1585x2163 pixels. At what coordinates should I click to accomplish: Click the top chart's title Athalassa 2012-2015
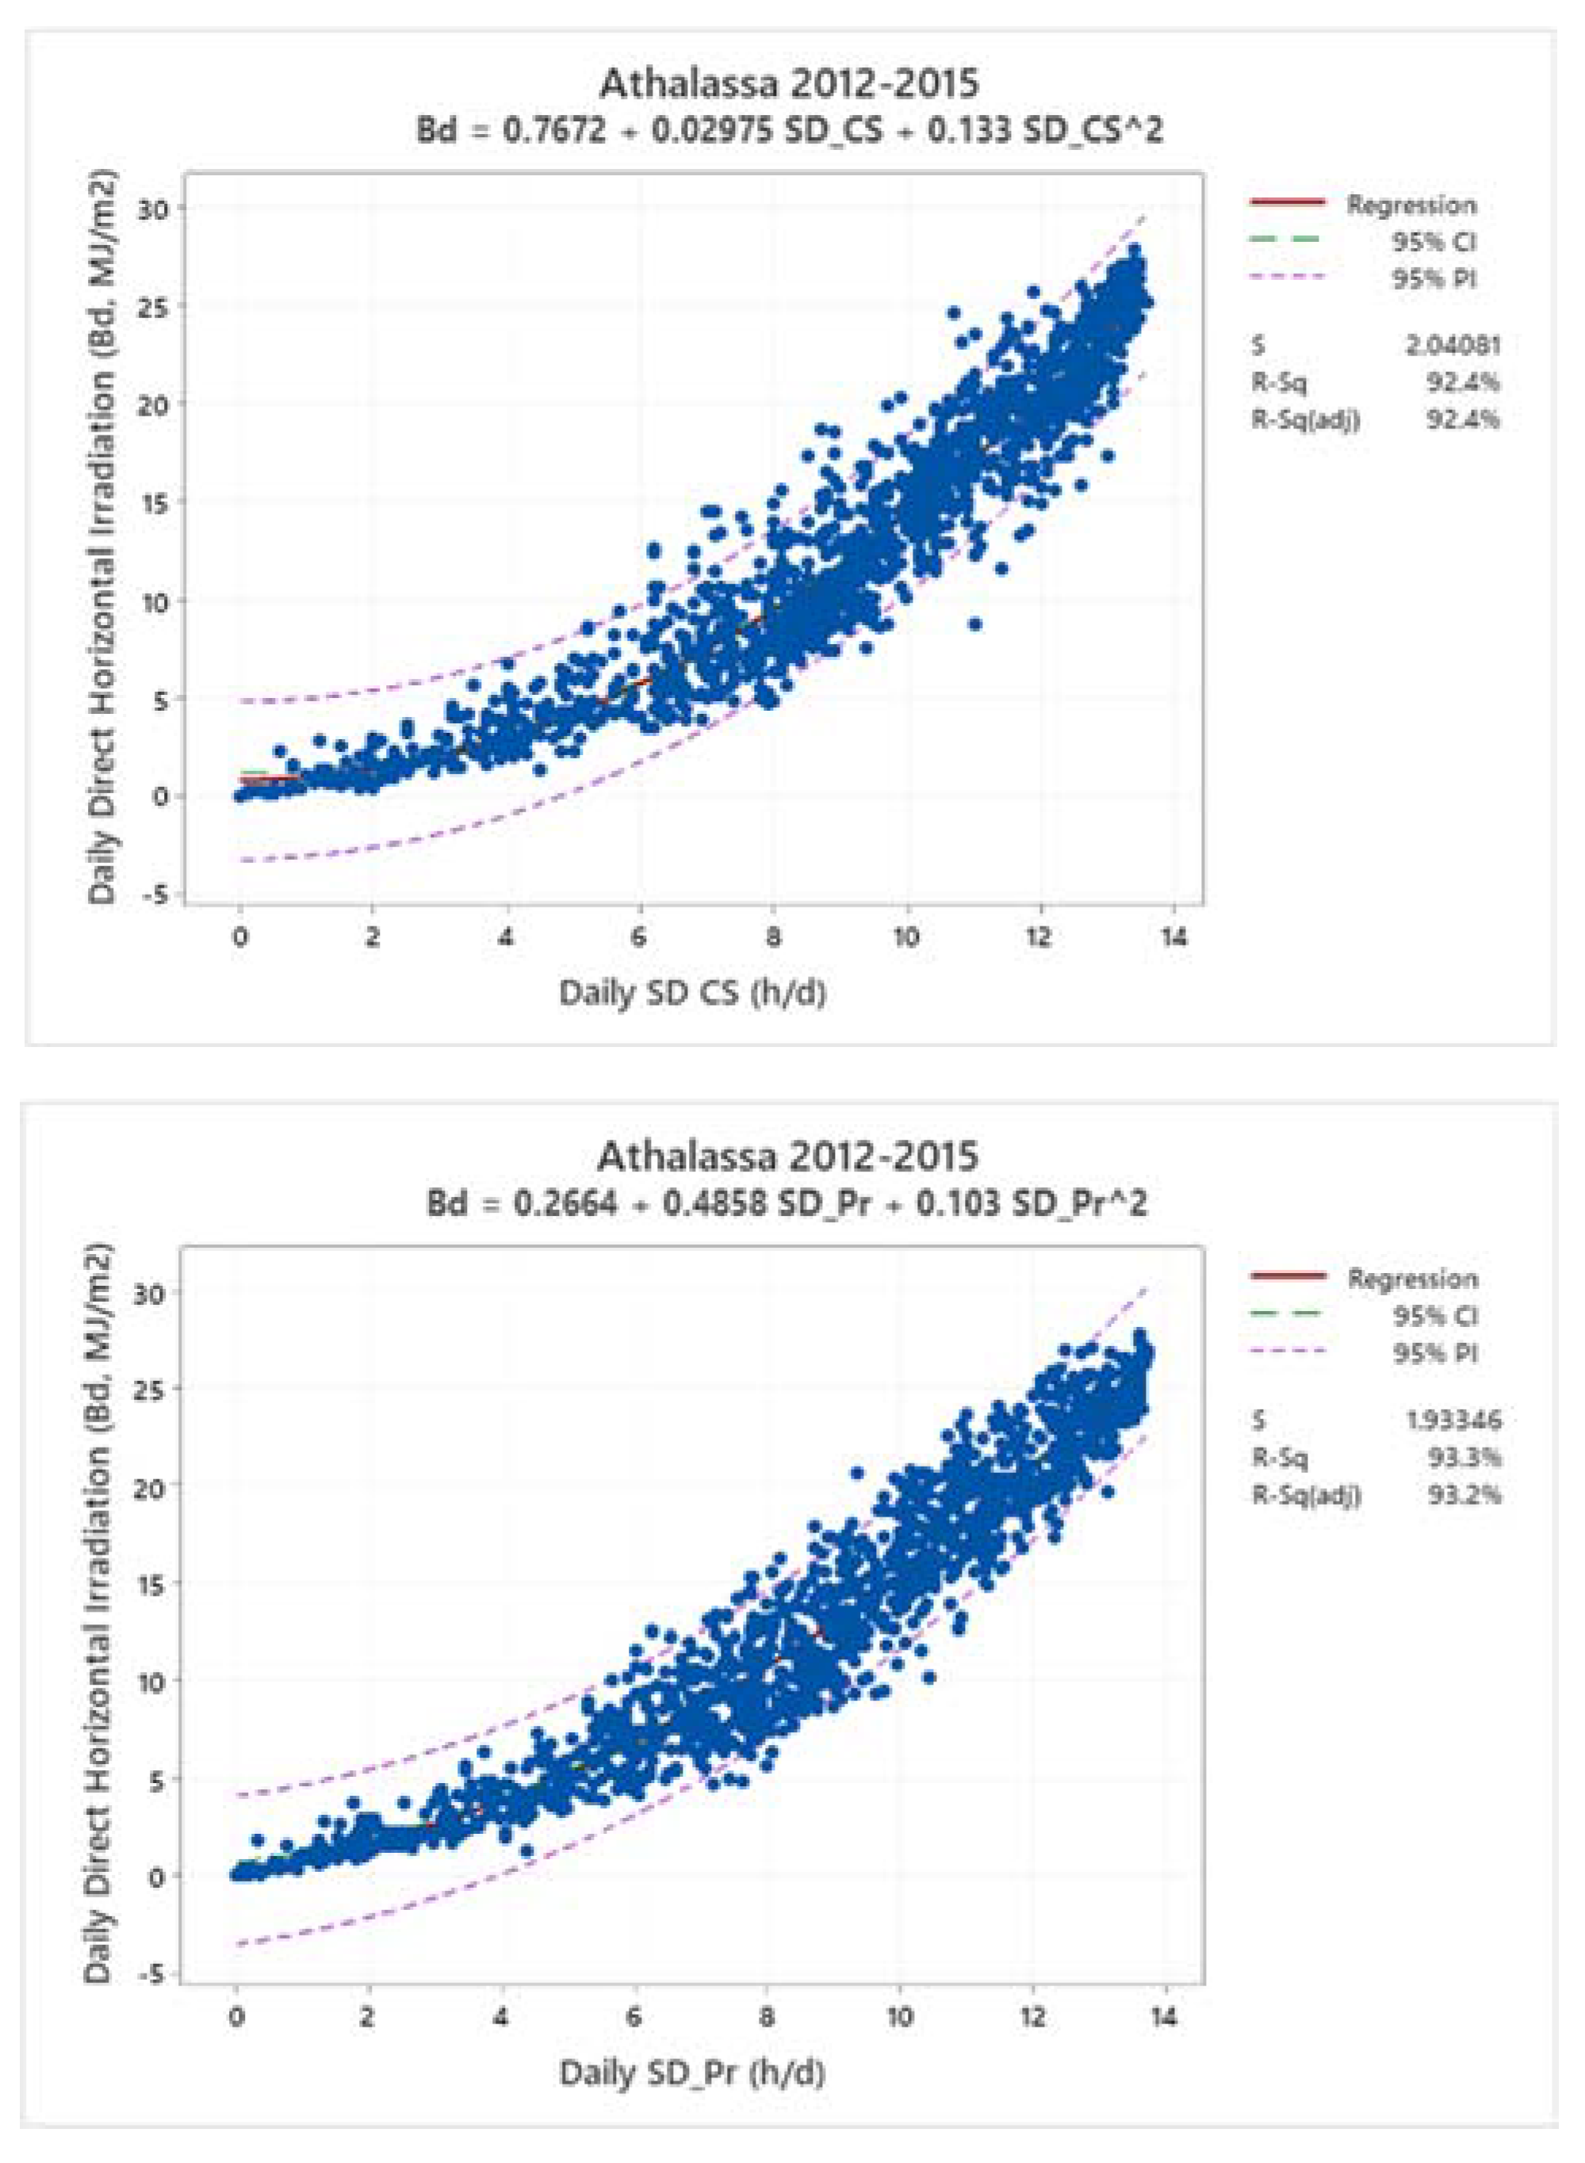click(x=789, y=84)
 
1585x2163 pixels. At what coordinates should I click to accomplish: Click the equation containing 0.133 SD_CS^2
click(x=789, y=129)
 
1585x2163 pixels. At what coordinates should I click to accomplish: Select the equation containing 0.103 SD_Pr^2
click(x=787, y=1202)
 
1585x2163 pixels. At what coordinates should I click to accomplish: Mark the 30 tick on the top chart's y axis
click(x=151, y=209)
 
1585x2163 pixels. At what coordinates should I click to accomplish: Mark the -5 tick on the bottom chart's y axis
click(x=151, y=1973)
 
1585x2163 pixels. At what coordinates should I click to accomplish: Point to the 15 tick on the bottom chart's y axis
click(x=151, y=1583)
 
